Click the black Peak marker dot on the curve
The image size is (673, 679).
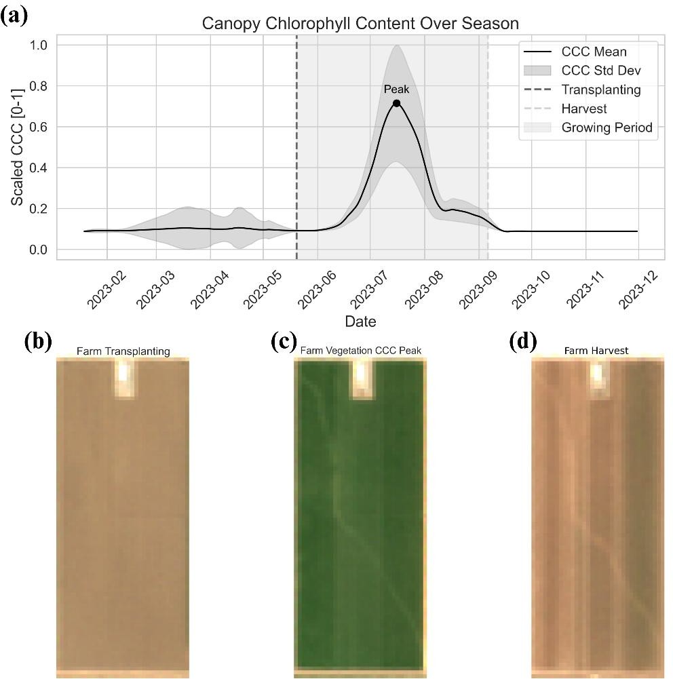point(396,103)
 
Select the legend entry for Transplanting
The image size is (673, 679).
point(601,90)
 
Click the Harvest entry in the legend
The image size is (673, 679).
point(584,109)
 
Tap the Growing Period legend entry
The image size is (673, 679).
point(607,128)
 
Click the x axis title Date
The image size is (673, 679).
point(360,321)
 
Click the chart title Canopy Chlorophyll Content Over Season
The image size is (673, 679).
point(360,24)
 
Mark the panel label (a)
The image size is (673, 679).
point(15,15)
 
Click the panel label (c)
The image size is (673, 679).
point(283,341)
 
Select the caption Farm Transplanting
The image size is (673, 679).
point(123,351)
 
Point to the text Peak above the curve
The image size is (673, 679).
point(396,89)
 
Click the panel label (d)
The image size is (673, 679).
point(522,341)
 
